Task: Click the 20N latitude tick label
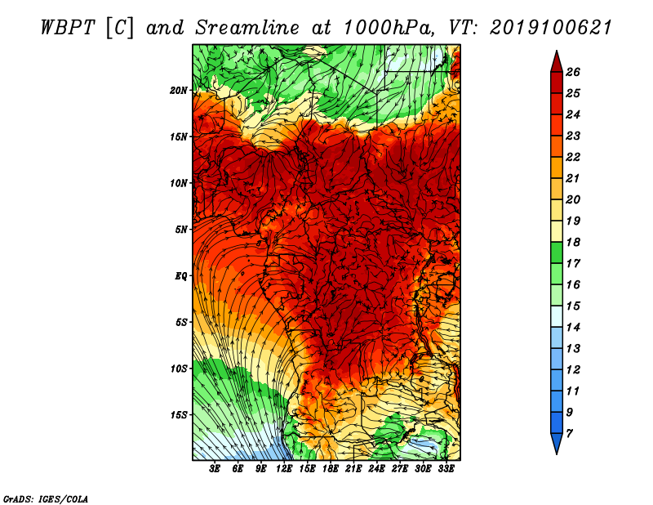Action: pos(178,91)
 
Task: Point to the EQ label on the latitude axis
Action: pos(180,276)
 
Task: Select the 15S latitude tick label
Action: pos(179,415)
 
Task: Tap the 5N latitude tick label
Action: pos(181,230)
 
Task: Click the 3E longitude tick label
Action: pos(215,469)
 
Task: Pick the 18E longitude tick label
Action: pos(331,469)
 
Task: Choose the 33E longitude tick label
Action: pos(446,469)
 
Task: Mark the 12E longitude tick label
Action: pos(284,469)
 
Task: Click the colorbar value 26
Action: pos(573,72)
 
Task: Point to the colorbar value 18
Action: pos(573,242)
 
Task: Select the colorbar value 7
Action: pos(569,434)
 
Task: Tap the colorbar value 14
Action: pos(573,328)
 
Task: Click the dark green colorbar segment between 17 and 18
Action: pos(557,252)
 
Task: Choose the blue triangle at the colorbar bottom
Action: pos(557,442)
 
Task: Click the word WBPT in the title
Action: pos(69,28)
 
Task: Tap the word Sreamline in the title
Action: pos(247,28)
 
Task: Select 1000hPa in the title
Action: pos(386,28)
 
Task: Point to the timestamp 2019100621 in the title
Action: pos(550,28)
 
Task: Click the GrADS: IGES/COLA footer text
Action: pos(45,499)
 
